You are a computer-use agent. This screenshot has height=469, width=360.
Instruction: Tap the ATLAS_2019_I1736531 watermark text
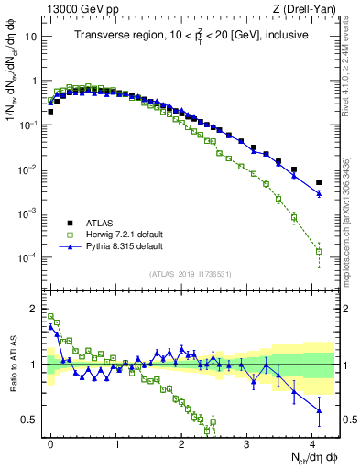point(191,274)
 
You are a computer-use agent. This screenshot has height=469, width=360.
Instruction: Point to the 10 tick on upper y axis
point(31,38)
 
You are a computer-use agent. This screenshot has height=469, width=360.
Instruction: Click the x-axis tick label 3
point(246,442)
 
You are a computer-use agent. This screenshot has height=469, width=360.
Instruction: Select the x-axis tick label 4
point(312,442)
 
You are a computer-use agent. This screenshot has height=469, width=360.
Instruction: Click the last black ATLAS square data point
point(319,182)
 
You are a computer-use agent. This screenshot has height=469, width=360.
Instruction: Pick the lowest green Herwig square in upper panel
point(319,251)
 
